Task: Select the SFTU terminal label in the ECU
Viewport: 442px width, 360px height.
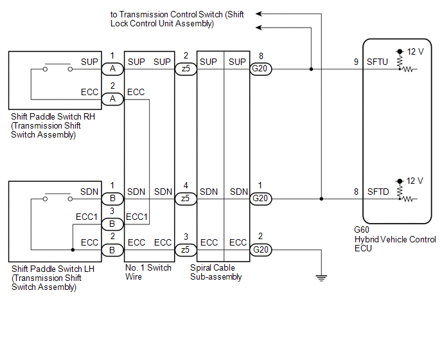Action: tap(378, 62)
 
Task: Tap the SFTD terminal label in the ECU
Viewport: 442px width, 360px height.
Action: tap(378, 192)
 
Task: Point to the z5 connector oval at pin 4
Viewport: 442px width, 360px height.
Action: tap(185, 199)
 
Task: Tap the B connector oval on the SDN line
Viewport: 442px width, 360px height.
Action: tap(112, 199)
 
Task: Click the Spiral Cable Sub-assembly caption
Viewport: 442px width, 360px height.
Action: tap(217, 273)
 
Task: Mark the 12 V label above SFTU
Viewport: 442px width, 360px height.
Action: tap(415, 51)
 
